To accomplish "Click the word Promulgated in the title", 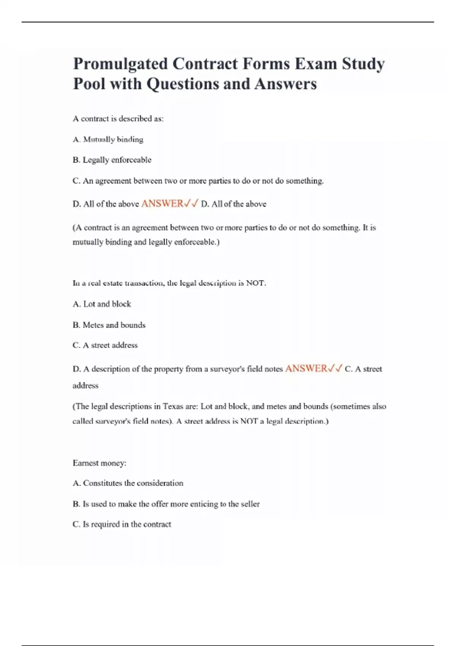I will (x=120, y=64).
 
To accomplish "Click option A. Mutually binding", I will (x=108, y=139).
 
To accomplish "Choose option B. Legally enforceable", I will (x=112, y=160).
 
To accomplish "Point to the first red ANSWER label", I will (x=162, y=204).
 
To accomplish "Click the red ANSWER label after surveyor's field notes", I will (x=306, y=369).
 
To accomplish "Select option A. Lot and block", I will (x=101, y=304).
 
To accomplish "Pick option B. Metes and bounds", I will (x=109, y=325).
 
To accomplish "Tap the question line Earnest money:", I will (x=99, y=463).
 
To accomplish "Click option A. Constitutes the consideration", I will (x=128, y=483).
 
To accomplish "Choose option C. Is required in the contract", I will (x=122, y=524).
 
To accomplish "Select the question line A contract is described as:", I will (x=118, y=119).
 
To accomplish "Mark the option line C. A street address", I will (x=105, y=345).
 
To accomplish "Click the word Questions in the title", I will (x=183, y=84).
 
